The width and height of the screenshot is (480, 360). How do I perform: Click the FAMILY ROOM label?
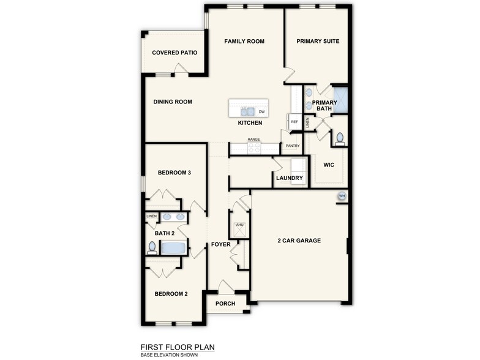(244, 42)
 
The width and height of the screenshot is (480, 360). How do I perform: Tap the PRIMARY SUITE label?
(318, 42)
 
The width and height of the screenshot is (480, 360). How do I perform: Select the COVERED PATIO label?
(174, 53)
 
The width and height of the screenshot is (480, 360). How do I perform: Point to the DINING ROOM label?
(173, 102)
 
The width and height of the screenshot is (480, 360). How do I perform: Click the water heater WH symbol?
(342, 196)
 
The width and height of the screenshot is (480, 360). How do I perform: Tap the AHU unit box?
(238, 228)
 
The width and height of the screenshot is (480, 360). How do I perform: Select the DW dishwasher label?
(261, 112)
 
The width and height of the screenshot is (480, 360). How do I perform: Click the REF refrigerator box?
(294, 122)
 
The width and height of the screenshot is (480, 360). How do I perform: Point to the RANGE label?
(253, 140)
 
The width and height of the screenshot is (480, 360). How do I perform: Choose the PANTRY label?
(293, 146)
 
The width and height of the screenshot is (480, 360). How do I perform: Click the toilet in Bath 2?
(152, 248)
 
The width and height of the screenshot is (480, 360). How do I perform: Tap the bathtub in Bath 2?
(174, 249)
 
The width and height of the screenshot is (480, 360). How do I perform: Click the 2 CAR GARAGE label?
(299, 241)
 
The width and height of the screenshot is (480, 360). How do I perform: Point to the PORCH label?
(225, 304)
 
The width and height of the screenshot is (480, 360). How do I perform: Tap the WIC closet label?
(328, 165)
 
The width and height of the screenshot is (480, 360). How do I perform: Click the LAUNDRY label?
(290, 178)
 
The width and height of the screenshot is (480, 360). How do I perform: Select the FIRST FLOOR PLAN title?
(178, 347)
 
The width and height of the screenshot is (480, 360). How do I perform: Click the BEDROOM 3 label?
(174, 173)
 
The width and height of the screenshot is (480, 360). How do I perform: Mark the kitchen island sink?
(247, 112)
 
